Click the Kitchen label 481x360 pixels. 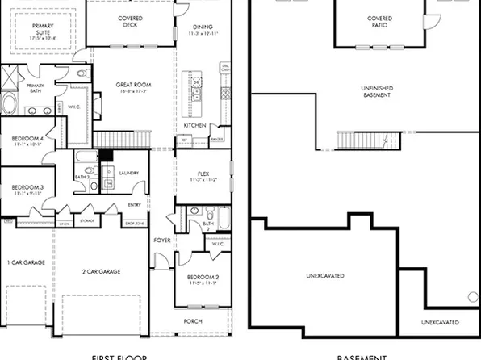pyautogui.click(x=194, y=126)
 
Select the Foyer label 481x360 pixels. pyautogui.click(x=161, y=240)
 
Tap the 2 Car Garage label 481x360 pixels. pyautogui.click(x=101, y=271)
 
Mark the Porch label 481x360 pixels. pyautogui.click(x=192, y=321)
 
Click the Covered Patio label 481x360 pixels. pyautogui.click(x=379, y=20)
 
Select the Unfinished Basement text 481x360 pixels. pyautogui.click(x=378, y=91)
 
